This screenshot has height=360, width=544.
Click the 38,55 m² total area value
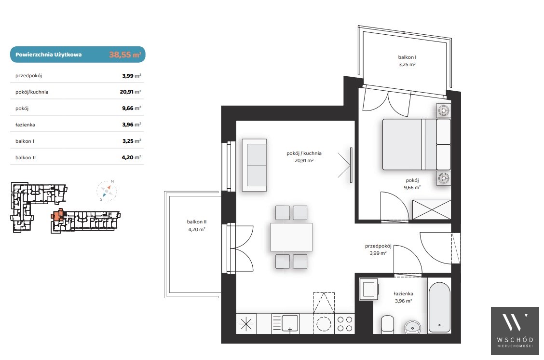[125, 55]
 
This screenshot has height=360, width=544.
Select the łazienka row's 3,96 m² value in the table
[132, 125]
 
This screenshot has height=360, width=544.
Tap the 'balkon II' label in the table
[26, 158]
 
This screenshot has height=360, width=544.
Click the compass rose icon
[107, 191]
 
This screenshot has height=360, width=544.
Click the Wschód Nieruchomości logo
[515, 331]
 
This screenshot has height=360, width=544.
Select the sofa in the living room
[254, 165]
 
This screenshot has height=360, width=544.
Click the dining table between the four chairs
[291, 237]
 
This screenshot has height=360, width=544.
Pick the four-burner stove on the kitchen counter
[345, 324]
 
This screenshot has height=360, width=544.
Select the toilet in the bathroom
[388, 324]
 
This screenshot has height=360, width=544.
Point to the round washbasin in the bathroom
[413, 327]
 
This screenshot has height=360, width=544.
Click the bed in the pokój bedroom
[416, 144]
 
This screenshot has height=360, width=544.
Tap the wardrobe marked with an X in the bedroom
[432, 210]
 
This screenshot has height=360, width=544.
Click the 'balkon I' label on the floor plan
[407, 57]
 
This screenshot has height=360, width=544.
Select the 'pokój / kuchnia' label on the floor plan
[304, 153]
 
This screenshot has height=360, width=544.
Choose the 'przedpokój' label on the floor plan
[378, 246]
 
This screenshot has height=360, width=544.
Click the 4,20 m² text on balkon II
[197, 229]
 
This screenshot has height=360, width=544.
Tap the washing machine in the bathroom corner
[368, 289]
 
